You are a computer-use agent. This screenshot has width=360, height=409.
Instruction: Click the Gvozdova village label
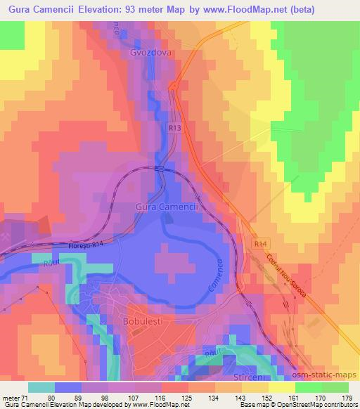click(151, 53)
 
